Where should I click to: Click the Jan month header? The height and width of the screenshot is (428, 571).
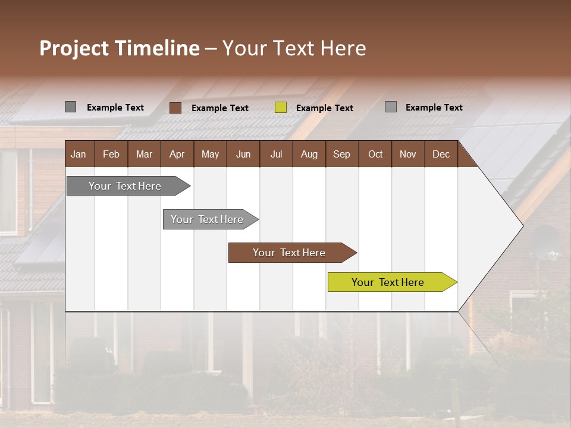tap(79, 154)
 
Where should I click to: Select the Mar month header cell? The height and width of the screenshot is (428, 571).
tap(144, 154)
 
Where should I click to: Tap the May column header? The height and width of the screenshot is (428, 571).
tap(210, 154)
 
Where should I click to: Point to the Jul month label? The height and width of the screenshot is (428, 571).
tap(276, 154)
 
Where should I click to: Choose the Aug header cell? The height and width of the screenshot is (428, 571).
tap(309, 154)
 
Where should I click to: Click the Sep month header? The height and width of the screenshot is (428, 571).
tap(341, 154)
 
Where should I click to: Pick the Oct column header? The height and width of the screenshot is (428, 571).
tap(375, 154)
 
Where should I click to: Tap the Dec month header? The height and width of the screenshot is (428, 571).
tap(441, 154)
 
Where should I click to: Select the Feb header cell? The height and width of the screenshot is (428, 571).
tap(111, 154)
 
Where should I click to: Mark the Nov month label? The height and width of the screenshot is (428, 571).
tap(408, 154)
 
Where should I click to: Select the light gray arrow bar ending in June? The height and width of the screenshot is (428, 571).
tap(208, 219)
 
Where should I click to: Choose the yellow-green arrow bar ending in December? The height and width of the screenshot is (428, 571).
tap(389, 282)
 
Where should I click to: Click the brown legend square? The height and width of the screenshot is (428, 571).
tap(175, 108)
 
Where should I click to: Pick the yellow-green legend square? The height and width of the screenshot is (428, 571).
tap(281, 108)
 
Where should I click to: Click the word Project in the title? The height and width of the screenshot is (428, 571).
tap(74, 48)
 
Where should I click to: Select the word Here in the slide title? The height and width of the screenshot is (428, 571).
tap(343, 48)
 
